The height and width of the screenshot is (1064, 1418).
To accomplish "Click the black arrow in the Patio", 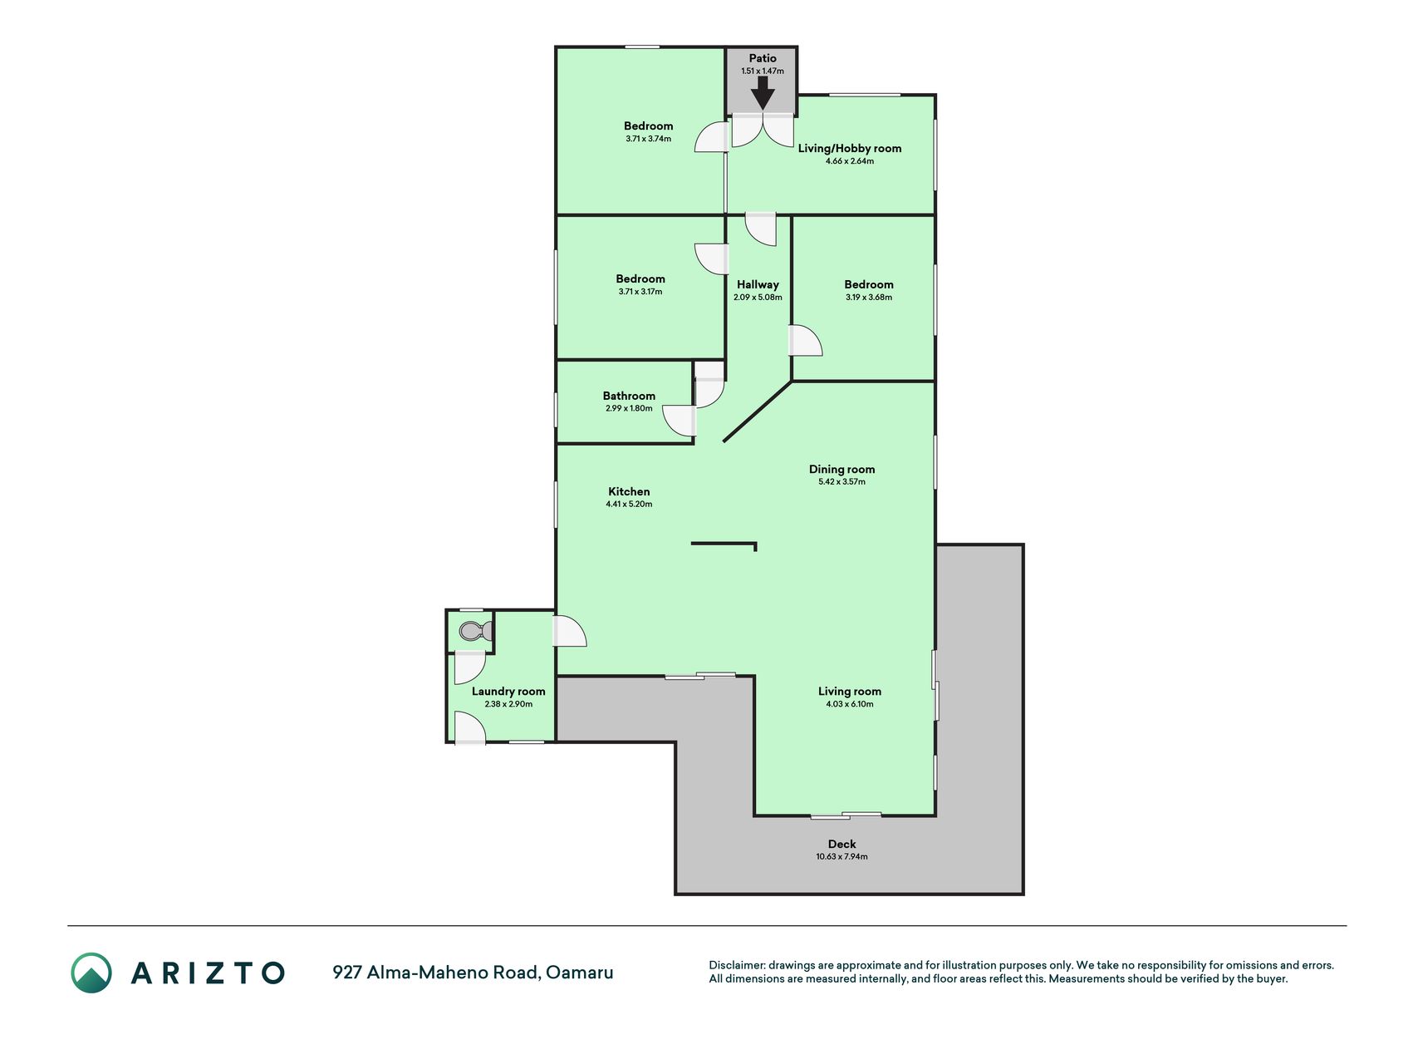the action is pos(763,93).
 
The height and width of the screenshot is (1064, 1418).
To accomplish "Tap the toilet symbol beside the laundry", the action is pos(471,631).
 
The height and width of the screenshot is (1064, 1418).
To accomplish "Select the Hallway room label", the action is pos(758,284).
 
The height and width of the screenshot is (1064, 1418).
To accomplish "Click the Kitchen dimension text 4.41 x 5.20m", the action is pos(629,504).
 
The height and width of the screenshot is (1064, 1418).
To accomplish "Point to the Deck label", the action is pos(841,844).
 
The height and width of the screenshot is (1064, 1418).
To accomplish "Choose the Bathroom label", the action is pos(629,396).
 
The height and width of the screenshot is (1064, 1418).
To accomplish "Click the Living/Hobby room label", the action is pos(850,148).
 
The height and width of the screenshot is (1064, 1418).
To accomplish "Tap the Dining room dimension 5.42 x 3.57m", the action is pos(841,481).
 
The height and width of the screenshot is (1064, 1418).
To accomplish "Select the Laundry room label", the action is pos(508,691).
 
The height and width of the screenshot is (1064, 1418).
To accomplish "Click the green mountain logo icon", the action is pos(91,973).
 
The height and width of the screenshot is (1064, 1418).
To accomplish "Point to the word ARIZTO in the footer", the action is pos(208,973).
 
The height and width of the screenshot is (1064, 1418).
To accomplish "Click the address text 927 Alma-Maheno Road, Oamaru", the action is pos(473,972).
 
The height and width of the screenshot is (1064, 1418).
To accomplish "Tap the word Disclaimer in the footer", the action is pos(736,965).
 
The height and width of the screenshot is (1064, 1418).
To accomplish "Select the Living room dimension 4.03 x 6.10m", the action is pos(850,703).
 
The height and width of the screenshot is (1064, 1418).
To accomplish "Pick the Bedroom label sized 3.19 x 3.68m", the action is pos(869,284).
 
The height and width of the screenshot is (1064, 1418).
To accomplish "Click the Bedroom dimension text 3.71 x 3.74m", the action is pos(648,139).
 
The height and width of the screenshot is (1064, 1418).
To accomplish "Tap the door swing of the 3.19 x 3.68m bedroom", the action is pos(806,341).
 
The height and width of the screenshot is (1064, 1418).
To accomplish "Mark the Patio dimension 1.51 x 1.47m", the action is pos(763,71).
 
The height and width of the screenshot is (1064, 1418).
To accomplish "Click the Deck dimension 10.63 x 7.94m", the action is pos(841,856).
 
